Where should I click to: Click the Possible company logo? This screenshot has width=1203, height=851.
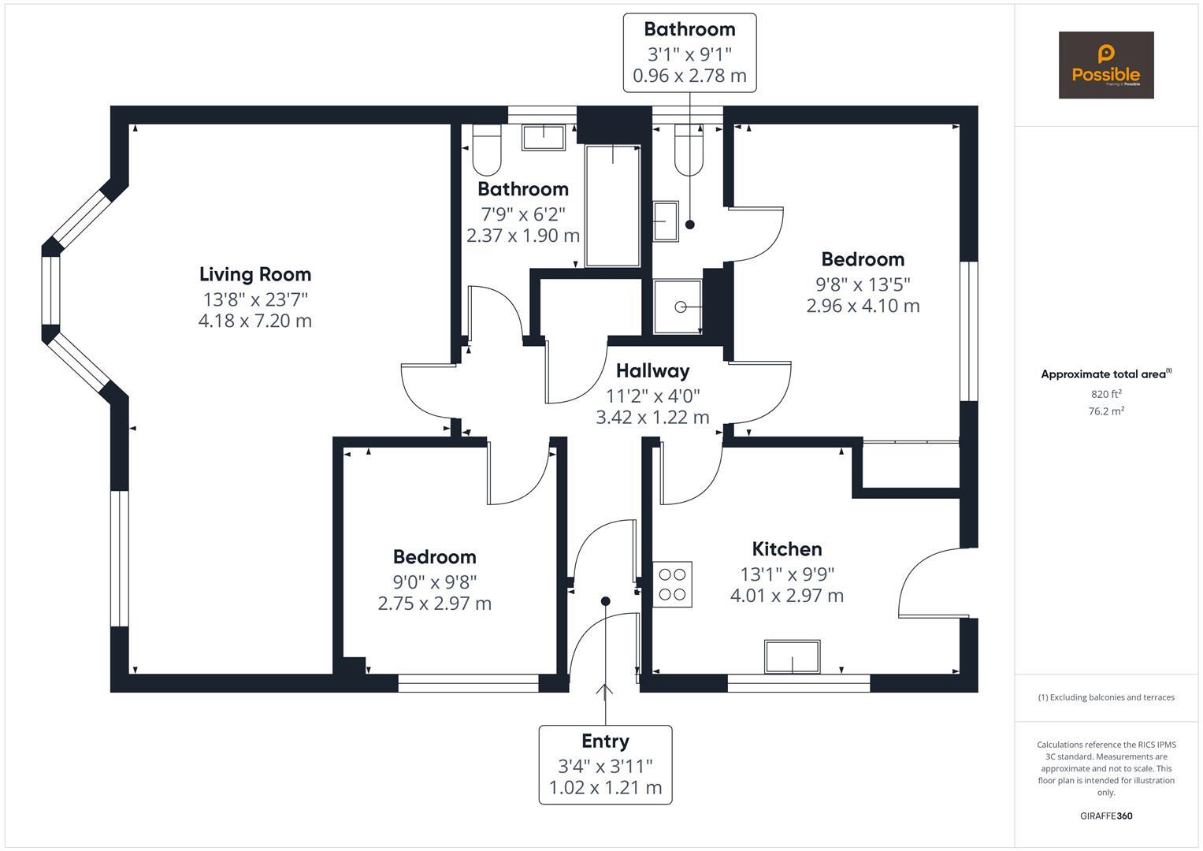(x=1105, y=65)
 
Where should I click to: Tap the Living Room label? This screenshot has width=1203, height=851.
(x=255, y=274)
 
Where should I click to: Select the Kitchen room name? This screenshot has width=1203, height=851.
(x=786, y=549)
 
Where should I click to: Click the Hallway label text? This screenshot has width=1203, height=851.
(x=652, y=370)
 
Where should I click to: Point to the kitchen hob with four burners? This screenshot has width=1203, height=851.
(x=672, y=585)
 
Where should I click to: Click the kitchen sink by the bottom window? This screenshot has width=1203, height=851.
(x=792, y=656)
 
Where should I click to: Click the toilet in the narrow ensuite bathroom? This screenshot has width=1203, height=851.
(x=689, y=151)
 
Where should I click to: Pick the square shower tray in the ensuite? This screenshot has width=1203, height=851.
(x=678, y=307)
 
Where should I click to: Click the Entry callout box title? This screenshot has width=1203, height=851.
(x=605, y=741)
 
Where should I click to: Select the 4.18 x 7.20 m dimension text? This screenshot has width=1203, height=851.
(x=255, y=321)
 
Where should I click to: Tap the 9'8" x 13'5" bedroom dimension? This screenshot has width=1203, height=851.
(x=863, y=283)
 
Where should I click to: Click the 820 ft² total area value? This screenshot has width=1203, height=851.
(x=1106, y=394)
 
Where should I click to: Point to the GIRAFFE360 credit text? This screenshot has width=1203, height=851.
(x=1106, y=816)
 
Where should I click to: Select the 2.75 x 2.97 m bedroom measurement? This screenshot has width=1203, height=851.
(x=434, y=604)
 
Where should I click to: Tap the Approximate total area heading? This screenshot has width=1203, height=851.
(x=1105, y=374)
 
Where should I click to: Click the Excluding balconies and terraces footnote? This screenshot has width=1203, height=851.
(x=1106, y=697)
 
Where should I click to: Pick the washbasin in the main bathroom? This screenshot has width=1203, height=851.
(x=543, y=137)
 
